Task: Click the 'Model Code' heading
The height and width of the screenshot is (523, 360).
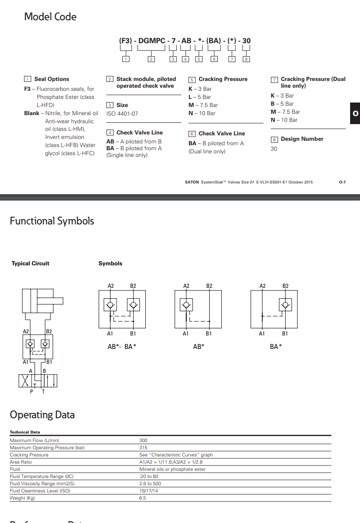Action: click(x=50, y=17)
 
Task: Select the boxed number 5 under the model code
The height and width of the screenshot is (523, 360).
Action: click(x=198, y=59)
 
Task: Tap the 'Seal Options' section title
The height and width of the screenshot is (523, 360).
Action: click(x=52, y=79)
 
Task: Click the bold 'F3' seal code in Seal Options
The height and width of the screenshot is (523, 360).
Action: click(x=27, y=89)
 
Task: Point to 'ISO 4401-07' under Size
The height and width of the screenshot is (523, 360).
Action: click(x=122, y=114)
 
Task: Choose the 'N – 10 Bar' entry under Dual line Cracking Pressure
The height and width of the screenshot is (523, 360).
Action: click(x=284, y=120)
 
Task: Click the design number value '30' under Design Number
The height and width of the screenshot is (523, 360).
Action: click(x=274, y=149)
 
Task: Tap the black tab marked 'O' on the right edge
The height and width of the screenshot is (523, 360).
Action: click(x=355, y=113)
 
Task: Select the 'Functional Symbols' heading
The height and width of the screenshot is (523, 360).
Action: click(x=52, y=221)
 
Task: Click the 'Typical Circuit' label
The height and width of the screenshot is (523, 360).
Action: click(x=31, y=264)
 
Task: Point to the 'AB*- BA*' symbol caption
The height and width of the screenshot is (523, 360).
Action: click(x=122, y=347)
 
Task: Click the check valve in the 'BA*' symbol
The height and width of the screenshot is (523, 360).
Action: click(x=285, y=305)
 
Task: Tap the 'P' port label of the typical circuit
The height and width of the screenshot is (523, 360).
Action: click(x=31, y=392)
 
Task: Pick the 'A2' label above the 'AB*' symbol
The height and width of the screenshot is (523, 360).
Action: click(x=186, y=286)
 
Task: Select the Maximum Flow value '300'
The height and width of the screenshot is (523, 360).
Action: click(x=143, y=441)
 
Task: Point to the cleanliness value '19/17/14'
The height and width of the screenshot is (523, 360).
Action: click(x=149, y=491)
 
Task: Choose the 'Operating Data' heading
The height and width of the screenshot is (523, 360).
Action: click(x=42, y=415)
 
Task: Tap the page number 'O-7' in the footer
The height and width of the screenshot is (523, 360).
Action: click(x=342, y=182)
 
